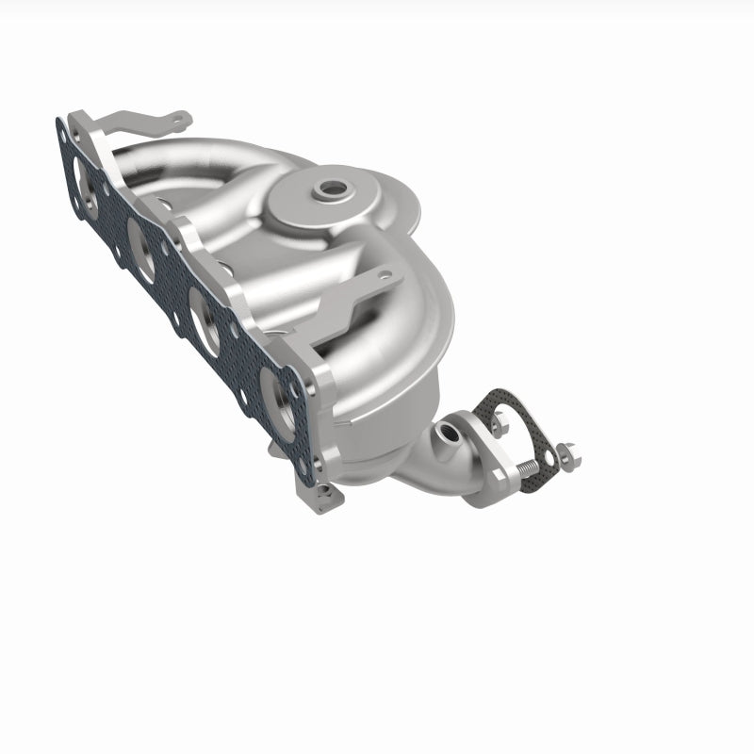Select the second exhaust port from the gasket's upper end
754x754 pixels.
(x=142, y=250)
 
